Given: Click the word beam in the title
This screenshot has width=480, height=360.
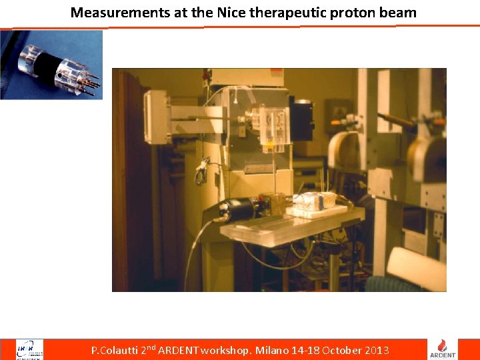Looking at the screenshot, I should (x=399, y=12).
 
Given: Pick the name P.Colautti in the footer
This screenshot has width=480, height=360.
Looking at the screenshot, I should (x=114, y=350).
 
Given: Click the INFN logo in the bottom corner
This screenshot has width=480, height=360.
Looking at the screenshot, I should (x=29, y=349).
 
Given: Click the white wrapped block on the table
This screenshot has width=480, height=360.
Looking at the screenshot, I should (x=313, y=201).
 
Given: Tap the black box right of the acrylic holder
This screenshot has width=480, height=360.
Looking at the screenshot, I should (x=301, y=120).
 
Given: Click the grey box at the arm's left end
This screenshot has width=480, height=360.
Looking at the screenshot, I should (x=157, y=117).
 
